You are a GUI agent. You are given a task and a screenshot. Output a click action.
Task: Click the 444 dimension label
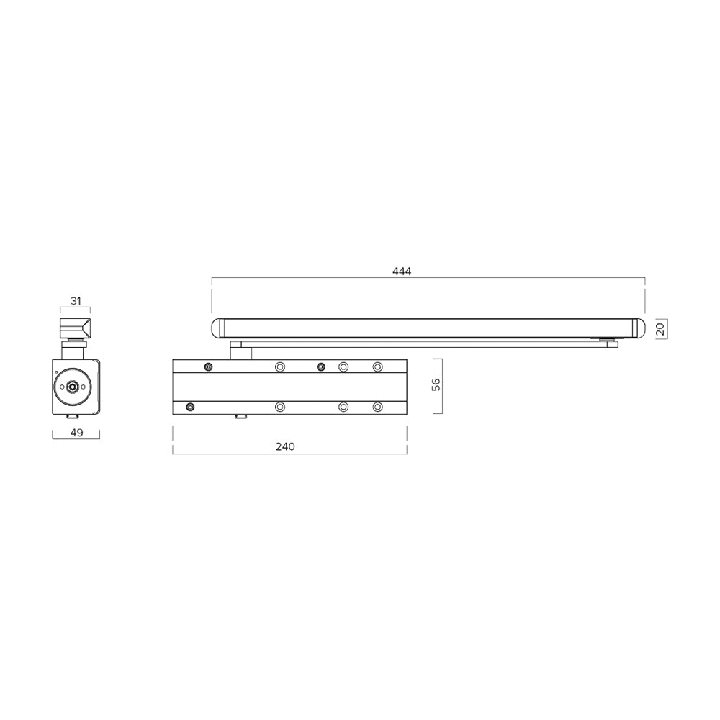[402, 271]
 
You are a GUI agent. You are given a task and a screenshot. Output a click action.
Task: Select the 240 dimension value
[285, 446]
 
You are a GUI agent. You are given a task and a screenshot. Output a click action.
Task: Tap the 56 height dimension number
[436, 384]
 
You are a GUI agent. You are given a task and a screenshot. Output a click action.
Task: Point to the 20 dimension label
[660, 329]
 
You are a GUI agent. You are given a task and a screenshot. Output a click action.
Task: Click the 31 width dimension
[76, 301]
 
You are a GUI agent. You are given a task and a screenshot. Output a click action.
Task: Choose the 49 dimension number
[76, 433]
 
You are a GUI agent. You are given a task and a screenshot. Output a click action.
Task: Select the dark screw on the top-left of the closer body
[208, 366]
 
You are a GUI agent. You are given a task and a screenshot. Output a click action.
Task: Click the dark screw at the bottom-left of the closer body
[190, 407]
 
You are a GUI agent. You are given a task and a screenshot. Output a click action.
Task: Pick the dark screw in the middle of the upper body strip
[321, 366]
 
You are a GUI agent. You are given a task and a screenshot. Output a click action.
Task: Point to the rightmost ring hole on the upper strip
[377, 366]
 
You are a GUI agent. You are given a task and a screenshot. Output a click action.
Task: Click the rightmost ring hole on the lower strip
[377, 407]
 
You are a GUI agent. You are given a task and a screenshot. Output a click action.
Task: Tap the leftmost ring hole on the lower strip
[280, 407]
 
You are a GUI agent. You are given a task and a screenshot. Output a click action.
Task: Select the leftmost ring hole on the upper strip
[280, 366]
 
